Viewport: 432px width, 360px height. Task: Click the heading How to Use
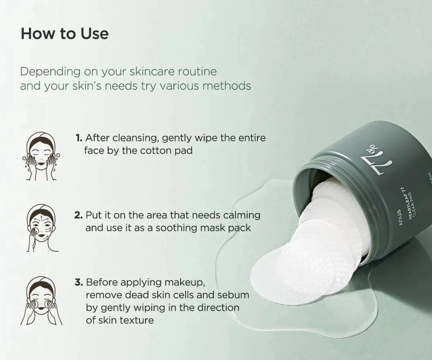pos(64,34)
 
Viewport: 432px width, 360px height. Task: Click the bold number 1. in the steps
pos(79,138)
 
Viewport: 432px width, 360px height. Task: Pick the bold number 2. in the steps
pos(79,215)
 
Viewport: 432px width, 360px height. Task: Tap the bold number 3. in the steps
pos(78,282)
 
